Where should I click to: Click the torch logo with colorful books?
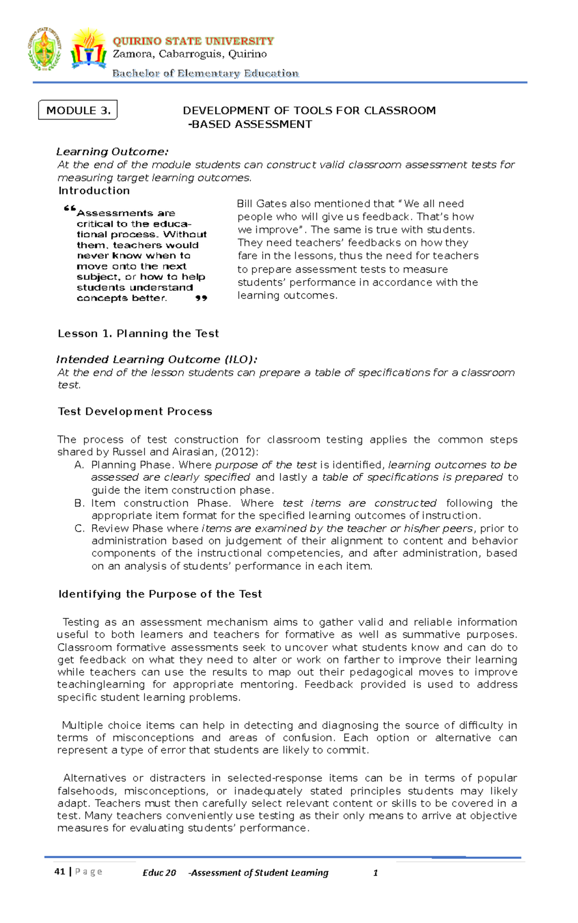89,49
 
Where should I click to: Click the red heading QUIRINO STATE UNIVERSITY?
193,41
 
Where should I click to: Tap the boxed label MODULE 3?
78,110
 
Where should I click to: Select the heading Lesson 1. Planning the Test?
138,334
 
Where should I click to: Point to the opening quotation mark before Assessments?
70,209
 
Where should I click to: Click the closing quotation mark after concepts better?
201,298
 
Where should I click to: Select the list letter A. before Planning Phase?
79,465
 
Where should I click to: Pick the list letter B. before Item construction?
79,503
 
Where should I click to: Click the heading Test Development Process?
135,412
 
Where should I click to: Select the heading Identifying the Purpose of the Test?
160,594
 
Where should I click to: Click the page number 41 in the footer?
60,871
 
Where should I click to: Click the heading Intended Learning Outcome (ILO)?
157,360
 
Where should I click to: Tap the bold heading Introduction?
94,191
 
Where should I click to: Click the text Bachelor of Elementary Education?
205,73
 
